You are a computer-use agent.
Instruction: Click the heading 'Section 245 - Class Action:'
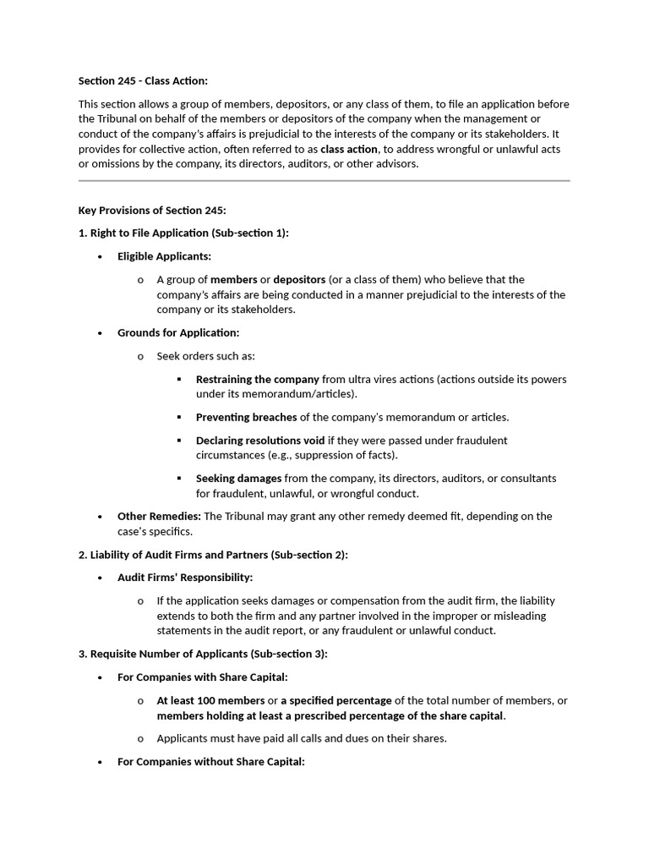click(143, 80)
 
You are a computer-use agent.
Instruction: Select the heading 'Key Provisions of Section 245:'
click(152, 210)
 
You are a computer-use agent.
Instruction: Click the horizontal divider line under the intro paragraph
click(324, 180)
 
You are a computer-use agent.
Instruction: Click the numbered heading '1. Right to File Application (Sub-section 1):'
click(183, 233)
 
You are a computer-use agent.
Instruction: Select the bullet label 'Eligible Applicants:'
click(164, 256)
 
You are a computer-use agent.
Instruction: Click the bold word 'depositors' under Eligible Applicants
click(299, 280)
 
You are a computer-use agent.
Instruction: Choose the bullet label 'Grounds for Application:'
click(178, 333)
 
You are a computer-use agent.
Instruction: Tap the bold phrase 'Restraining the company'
click(258, 380)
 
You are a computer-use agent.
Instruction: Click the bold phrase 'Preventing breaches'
click(247, 417)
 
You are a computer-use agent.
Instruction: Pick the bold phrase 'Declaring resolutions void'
click(260, 441)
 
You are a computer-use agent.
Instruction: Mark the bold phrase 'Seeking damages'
click(239, 479)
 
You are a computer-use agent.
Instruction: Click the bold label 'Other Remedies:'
click(159, 516)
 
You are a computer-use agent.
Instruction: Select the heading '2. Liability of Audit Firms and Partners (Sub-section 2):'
click(213, 555)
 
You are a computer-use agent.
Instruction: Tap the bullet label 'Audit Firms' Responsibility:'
click(185, 578)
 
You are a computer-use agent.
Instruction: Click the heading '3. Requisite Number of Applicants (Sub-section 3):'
click(203, 654)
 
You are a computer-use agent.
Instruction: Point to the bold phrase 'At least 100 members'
click(210, 701)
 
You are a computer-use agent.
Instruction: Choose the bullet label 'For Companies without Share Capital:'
click(211, 761)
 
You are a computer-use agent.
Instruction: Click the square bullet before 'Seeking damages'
click(179, 479)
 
